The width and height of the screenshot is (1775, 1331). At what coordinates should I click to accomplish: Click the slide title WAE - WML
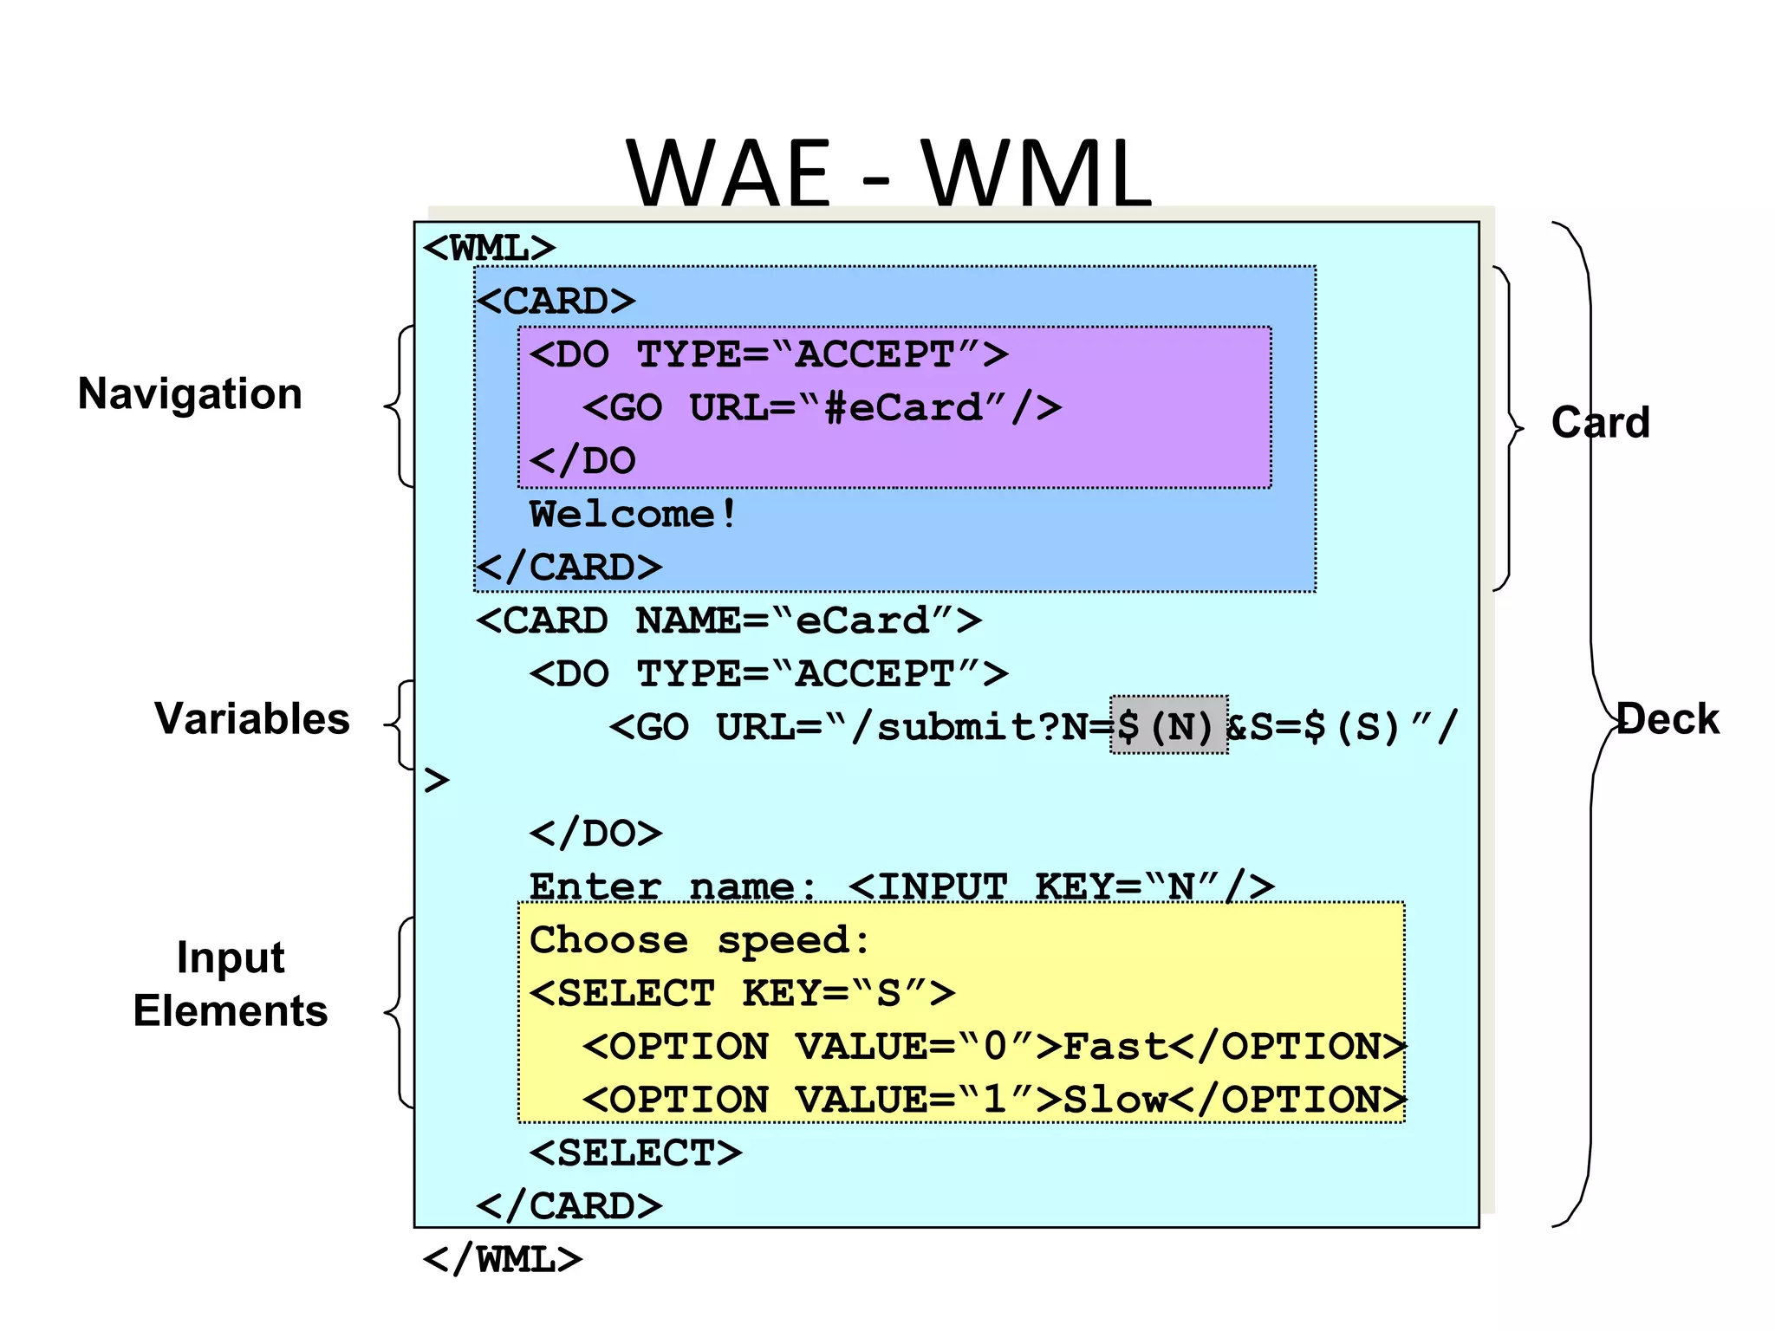coord(888,173)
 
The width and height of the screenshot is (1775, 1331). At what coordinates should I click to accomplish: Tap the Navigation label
coord(190,394)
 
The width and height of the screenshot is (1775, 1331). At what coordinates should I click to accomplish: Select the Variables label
coord(251,719)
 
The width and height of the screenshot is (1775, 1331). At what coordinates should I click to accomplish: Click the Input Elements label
coord(231,984)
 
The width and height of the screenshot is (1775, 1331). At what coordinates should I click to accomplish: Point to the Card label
coord(1600,423)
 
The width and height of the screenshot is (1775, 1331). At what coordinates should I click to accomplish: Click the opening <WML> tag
coord(489,249)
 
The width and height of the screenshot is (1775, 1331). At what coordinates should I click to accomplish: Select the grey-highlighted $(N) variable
coord(1168,726)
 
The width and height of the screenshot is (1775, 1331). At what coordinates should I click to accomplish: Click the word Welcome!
coord(633,515)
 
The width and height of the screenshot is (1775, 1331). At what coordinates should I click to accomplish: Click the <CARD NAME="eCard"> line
coord(728,621)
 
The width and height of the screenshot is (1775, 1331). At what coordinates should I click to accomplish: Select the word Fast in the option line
coord(1115,1047)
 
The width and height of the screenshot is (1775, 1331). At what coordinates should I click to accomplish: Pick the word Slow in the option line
coord(1115,1101)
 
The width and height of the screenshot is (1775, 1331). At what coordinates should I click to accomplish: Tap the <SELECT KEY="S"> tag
coord(742,994)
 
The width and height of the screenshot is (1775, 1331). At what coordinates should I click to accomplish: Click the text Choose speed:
coord(699,940)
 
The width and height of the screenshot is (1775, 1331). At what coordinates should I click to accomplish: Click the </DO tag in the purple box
coord(582,461)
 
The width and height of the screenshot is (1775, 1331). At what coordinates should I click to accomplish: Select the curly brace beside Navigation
coord(399,406)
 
